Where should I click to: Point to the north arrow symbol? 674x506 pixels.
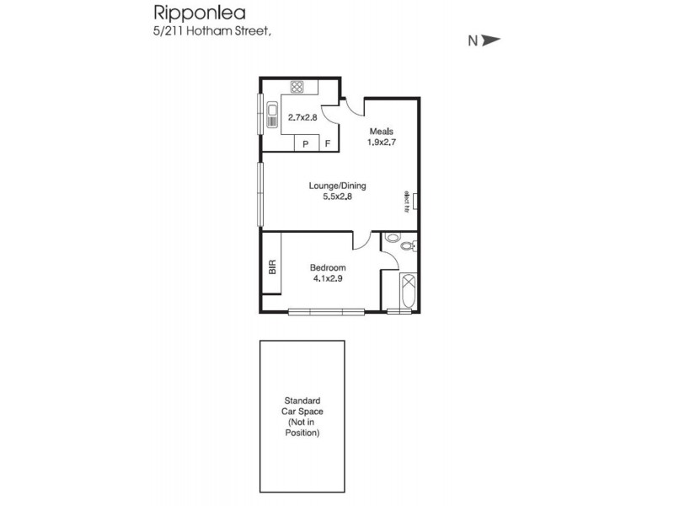491,39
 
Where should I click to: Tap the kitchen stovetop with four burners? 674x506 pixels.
297,86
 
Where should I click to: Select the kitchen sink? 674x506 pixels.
274,116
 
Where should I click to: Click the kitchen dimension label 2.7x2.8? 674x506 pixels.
302,118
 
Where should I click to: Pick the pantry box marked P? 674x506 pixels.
304,144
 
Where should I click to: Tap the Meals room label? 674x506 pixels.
380,131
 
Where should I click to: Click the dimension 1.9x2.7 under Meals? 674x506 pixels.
381,143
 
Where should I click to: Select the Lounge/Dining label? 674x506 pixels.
337,186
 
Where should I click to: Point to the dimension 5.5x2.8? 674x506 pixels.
337,197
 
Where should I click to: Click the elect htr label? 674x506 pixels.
406,201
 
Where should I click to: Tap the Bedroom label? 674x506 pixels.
328,267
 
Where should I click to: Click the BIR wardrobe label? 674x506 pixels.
271,267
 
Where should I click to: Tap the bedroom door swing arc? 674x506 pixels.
362,241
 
